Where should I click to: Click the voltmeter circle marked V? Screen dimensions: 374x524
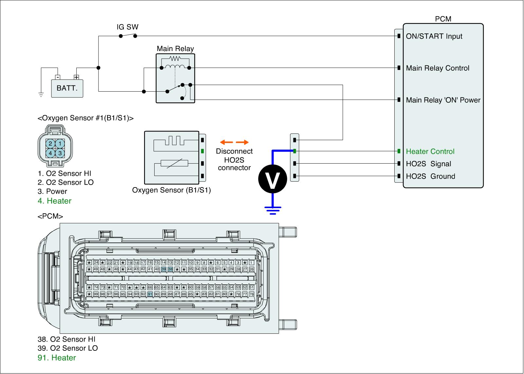(273, 179)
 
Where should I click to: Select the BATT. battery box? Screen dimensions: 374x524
(67, 88)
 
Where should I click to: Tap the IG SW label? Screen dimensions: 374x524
(127, 27)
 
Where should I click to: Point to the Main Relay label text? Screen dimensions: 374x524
(175, 49)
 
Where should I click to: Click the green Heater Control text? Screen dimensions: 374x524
(430, 151)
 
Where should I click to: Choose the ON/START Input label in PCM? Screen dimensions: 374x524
(434, 36)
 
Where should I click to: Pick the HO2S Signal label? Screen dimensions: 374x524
(428, 164)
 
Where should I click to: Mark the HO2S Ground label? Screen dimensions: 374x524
(430, 176)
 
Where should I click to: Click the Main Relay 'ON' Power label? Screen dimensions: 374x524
(443, 100)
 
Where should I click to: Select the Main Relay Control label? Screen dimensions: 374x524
(438, 68)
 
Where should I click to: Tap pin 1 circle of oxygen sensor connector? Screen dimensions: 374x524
(60, 144)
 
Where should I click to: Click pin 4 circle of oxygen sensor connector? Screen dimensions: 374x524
(50, 153)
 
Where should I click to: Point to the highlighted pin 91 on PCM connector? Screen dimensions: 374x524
(150, 294)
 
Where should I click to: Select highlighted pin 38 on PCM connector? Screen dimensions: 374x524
(170, 269)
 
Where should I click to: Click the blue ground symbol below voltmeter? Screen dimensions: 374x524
(273, 209)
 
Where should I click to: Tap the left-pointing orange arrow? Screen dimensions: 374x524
(226, 142)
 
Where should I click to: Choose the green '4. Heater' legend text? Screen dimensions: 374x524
(54, 201)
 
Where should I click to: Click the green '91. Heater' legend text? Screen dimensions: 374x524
(57, 358)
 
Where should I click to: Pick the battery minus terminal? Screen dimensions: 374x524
(58, 77)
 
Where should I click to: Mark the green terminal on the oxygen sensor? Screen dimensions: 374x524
(203, 151)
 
